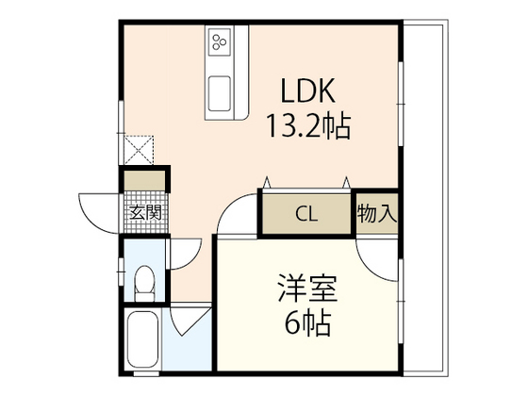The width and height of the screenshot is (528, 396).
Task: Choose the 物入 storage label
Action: (376, 213)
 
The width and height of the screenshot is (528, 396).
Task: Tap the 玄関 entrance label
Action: (143, 213)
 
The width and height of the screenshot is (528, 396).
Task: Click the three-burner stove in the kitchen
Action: (222, 42)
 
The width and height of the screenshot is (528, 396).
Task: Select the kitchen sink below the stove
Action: (222, 93)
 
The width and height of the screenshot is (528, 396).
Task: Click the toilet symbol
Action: (143, 281)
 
